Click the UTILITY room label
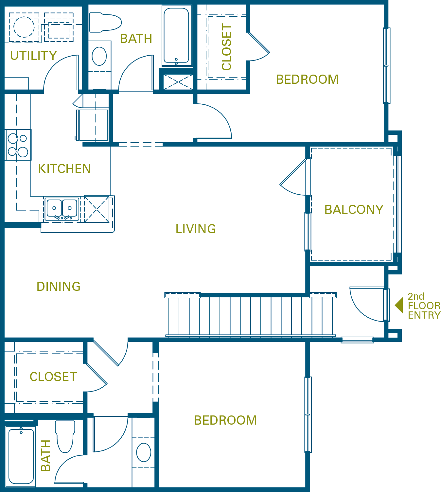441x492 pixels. (x=33, y=56)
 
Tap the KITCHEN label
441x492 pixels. (x=64, y=169)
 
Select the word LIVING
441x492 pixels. (x=196, y=229)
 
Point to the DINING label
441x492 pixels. (x=59, y=287)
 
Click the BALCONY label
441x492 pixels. (x=354, y=210)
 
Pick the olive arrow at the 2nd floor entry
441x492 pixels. (x=399, y=305)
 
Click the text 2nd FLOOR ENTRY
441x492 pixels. (x=424, y=306)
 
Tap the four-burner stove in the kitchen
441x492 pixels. (x=18, y=145)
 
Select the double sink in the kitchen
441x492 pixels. (x=62, y=209)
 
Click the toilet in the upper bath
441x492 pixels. (x=105, y=22)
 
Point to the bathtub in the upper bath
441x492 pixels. (x=176, y=35)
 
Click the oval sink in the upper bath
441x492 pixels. (x=99, y=56)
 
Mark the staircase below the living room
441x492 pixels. (x=250, y=316)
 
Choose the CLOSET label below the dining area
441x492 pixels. (x=53, y=377)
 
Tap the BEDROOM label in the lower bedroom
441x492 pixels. (x=225, y=420)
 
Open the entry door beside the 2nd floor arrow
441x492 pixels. (x=368, y=304)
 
